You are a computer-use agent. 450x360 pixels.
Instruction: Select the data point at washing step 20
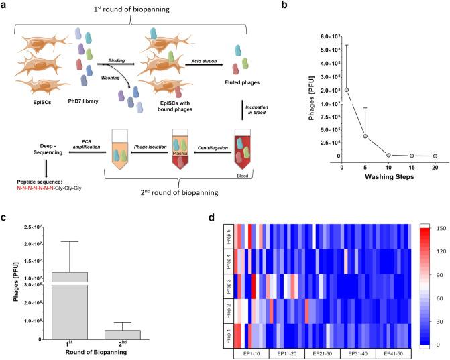coord(435,156)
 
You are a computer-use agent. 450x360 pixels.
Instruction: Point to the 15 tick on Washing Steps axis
coord(412,166)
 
